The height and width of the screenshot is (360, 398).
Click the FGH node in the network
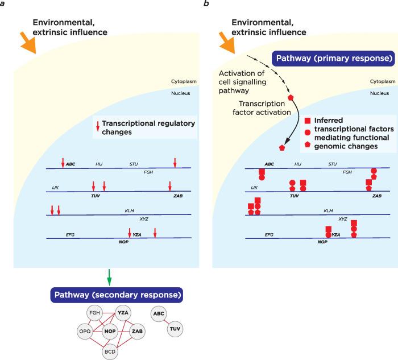point(94,314)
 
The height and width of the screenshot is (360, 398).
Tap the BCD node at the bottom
point(110,352)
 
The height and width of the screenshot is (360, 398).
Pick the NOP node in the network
point(111,331)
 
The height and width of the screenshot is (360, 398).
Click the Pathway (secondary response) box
point(117,295)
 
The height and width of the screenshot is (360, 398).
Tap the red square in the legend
point(308,121)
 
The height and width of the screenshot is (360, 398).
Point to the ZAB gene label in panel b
point(377,195)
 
